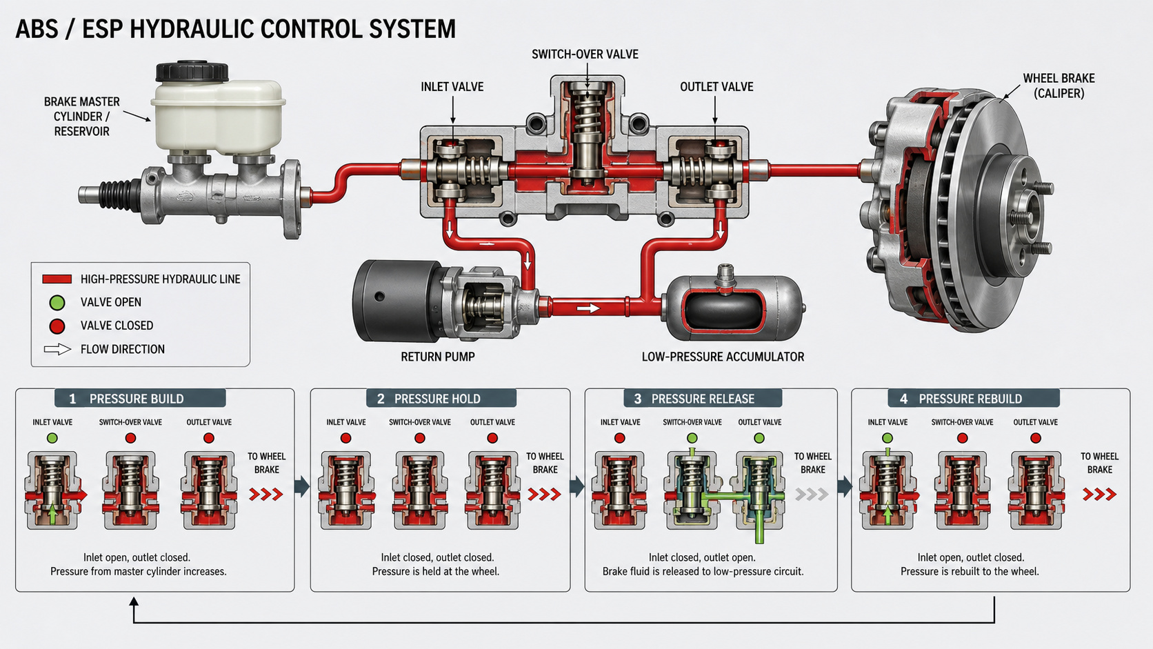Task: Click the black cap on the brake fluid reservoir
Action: [x=192, y=72]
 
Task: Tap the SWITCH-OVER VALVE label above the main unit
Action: [x=585, y=54]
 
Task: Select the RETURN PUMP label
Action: [x=437, y=357]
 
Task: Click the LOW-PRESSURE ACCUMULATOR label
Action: [x=723, y=357]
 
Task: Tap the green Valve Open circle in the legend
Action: [x=57, y=303]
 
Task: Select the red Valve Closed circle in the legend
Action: [x=57, y=326]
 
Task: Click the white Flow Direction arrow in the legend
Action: [x=57, y=350]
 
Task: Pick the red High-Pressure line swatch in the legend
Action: [x=57, y=279]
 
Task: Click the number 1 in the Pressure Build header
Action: [x=72, y=399]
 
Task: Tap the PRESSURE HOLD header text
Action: [x=437, y=399]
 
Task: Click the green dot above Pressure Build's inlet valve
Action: [x=52, y=438]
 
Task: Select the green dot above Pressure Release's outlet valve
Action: [x=759, y=438]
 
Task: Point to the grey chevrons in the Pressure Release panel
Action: [x=812, y=495]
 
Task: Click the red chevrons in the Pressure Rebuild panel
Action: [x=1099, y=495]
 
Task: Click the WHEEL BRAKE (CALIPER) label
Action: [x=1059, y=86]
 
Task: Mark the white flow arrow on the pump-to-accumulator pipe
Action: [x=588, y=308]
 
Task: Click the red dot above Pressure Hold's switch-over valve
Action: [x=419, y=438]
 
